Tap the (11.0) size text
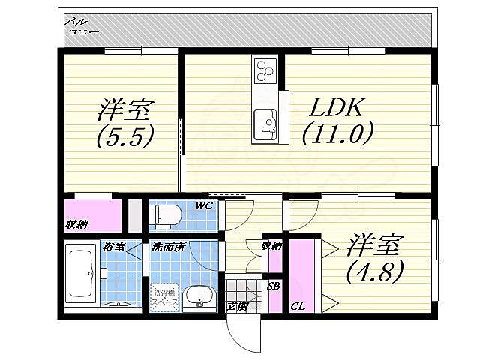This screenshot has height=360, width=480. tap(338, 135)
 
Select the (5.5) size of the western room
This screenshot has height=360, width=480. tap(124, 136)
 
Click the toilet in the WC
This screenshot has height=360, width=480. tap(166, 215)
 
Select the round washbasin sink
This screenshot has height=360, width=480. tap(199, 295)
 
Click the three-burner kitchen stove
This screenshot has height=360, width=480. tap(265, 71)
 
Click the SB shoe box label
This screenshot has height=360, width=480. tap(274, 286)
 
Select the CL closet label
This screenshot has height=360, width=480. tap(297, 306)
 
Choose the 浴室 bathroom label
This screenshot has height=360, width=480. tap(113, 246)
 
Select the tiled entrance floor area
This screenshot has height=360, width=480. tap(241, 289)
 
